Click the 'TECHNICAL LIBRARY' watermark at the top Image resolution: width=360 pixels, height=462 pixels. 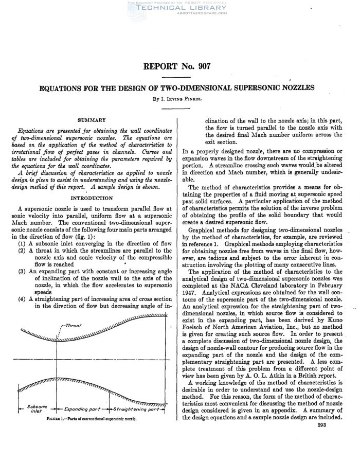[179, 9]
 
